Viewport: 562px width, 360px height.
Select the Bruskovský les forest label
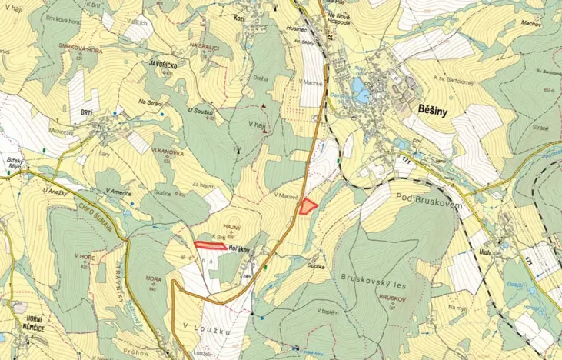369,275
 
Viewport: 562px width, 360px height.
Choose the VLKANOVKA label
166,153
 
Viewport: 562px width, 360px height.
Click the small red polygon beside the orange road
308,205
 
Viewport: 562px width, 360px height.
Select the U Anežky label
58,191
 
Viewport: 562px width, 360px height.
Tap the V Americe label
113,192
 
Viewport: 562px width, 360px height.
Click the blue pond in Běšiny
361,95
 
